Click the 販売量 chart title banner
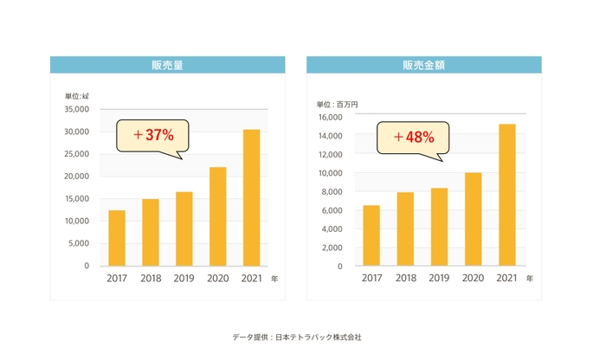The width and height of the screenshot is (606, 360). click(167, 65)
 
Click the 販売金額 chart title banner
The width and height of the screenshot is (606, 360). click(423, 65)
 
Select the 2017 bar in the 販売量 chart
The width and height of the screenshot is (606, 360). click(117, 238)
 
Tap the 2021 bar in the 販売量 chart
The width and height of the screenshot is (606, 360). click(251, 197)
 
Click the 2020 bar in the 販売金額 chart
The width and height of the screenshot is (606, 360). click(474, 219)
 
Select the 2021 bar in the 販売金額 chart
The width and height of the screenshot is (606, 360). click(507, 195)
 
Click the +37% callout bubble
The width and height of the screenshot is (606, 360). click(153, 136)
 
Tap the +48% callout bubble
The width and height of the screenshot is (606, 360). click(413, 137)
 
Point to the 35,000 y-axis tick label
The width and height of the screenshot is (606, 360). click(76, 110)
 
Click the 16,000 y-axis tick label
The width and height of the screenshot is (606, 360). click(332, 118)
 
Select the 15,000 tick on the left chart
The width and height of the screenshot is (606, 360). click(76, 199)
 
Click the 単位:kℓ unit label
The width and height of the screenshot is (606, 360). click(76, 95)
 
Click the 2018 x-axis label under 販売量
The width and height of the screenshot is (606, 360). click(150, 279)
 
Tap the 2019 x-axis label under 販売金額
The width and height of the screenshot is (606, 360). click(439, 279)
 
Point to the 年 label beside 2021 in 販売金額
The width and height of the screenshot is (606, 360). click(530, 279)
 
